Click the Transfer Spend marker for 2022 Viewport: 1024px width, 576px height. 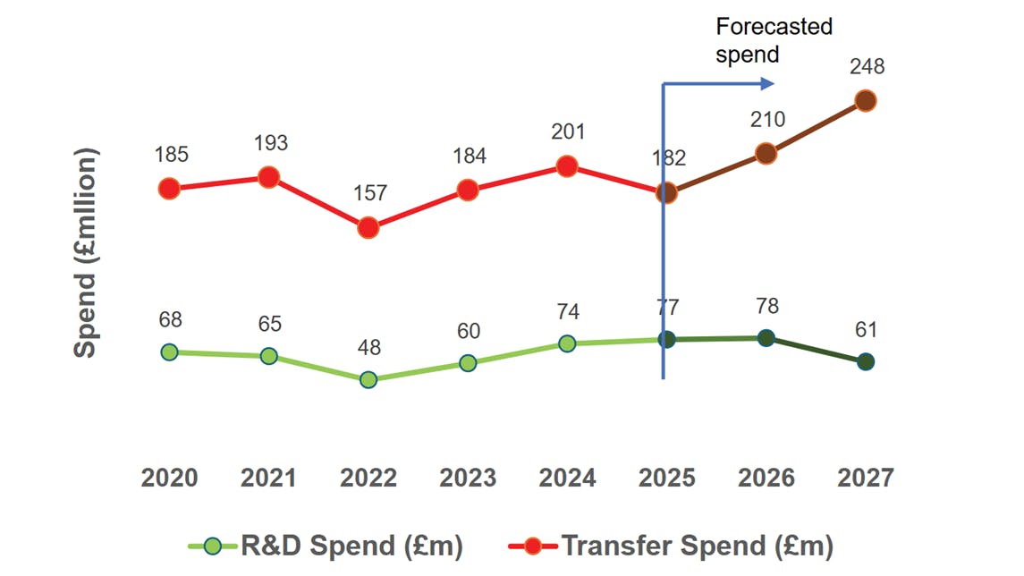[368, 228]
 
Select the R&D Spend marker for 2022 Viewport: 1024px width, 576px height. [368, 380]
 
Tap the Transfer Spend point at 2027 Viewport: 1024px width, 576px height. [865, 100]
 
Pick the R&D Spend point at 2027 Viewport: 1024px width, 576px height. [865, 362]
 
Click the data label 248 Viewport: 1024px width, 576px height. [867, 67]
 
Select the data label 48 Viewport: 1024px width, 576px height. [368, 348]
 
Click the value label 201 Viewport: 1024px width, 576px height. [567, 132]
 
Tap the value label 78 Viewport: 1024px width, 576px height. [766, 306]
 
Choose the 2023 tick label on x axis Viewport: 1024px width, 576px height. [468, 479]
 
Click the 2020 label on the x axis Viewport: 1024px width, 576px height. [170, 479]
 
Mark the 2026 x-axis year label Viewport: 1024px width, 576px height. [766, 479]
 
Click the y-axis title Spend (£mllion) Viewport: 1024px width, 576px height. [85, 253]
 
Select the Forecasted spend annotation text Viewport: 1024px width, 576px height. [774, 40]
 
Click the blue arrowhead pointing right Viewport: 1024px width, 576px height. [766, 84]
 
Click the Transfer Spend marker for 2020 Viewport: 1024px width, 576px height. [169, 189]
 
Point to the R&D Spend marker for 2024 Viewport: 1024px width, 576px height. [567, 343]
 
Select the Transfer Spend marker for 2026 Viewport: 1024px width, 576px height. [766, 154]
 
